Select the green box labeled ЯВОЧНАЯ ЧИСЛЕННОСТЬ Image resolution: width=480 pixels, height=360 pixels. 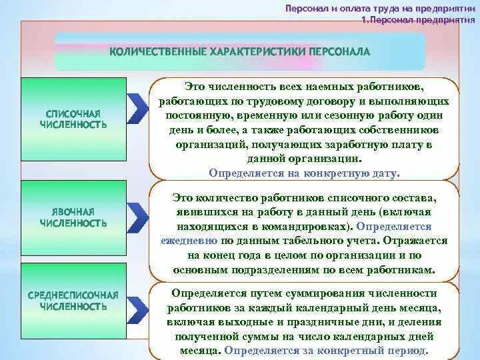tap(73, 217)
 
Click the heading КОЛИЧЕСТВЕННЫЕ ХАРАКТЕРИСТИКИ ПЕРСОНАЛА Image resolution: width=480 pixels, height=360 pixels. tap(239, 51)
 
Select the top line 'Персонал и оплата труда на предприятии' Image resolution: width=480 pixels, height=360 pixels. tap(379, 9)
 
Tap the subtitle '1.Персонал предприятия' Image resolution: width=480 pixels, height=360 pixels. tap(417, 20)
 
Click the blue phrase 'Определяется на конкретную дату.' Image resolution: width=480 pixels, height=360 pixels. tap(304, 173)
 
